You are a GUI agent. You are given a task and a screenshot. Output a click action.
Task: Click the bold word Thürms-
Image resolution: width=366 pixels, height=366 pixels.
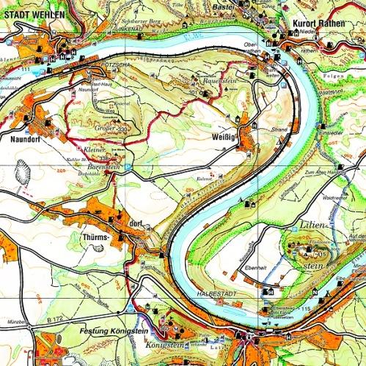coord(93,237)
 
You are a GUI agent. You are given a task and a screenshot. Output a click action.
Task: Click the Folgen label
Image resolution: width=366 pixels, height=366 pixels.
coord(352,73)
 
